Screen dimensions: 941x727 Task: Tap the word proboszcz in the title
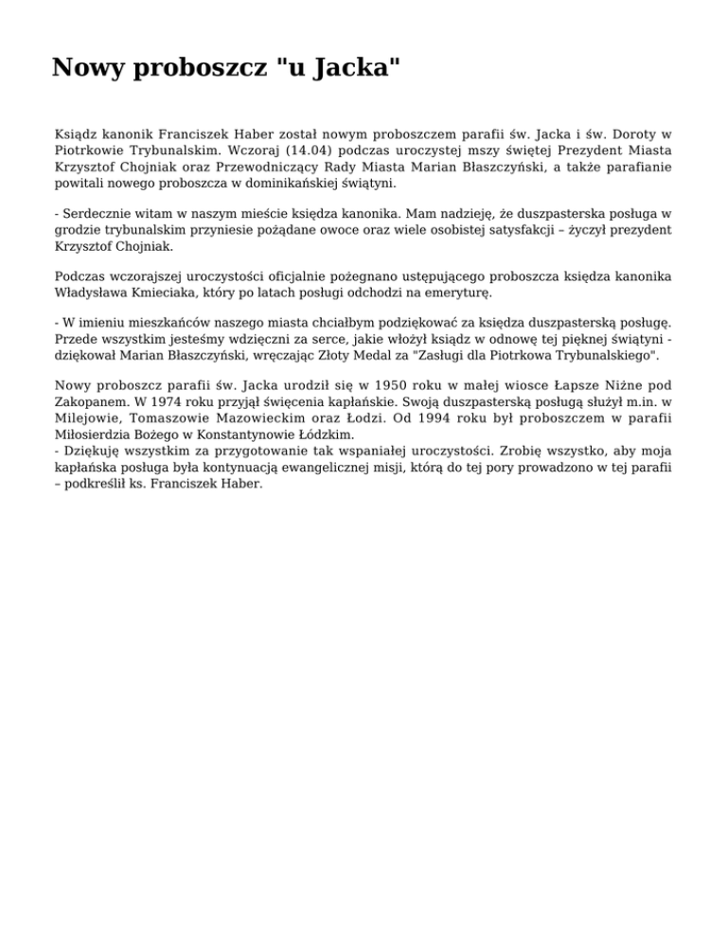195,68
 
